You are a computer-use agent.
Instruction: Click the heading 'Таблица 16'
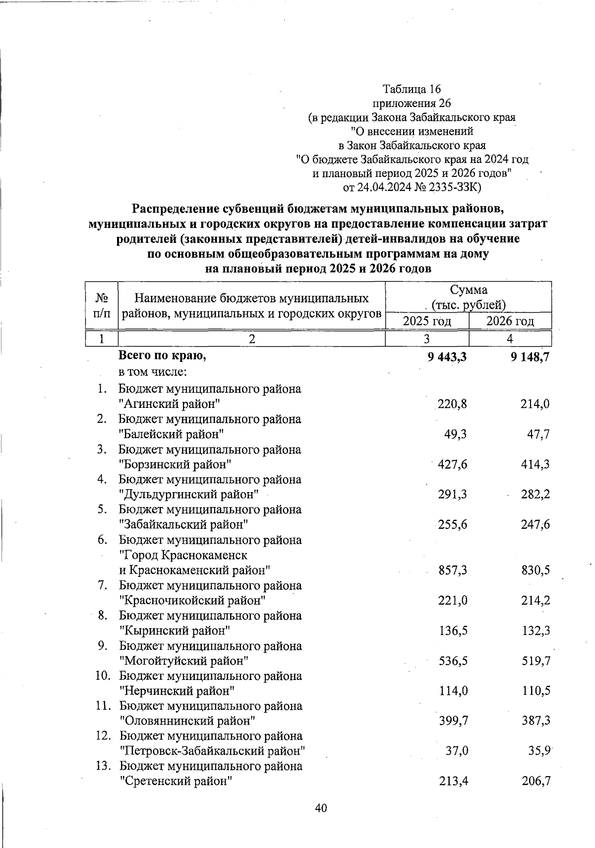(412, 89)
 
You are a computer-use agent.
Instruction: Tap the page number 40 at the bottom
(321, 808)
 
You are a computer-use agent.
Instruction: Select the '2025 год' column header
(427, 321)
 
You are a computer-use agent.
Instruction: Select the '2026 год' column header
(510, 321)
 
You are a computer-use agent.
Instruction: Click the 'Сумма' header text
(469, 290)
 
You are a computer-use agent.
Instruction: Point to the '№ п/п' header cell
(102, 305)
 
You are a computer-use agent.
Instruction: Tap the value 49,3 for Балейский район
(456, 435)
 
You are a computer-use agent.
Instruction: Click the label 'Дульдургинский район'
(189, 495)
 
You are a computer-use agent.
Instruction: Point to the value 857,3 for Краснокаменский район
(453, 570)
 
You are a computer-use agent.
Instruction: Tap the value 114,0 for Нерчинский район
(453, 691)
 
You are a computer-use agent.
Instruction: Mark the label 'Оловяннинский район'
(188, 721)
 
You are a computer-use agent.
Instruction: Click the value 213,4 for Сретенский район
(453, 782)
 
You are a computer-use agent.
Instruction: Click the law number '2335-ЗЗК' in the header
(454, 187)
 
